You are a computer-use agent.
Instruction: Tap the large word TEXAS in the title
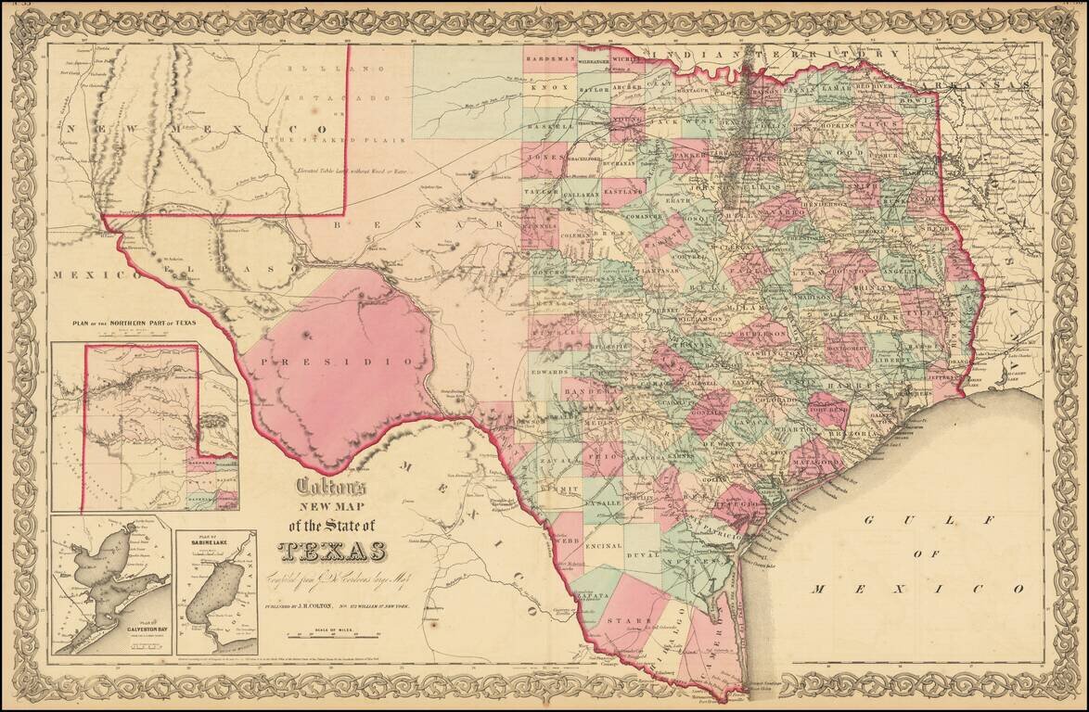point(332,551)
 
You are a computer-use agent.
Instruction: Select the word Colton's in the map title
point(331,486)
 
